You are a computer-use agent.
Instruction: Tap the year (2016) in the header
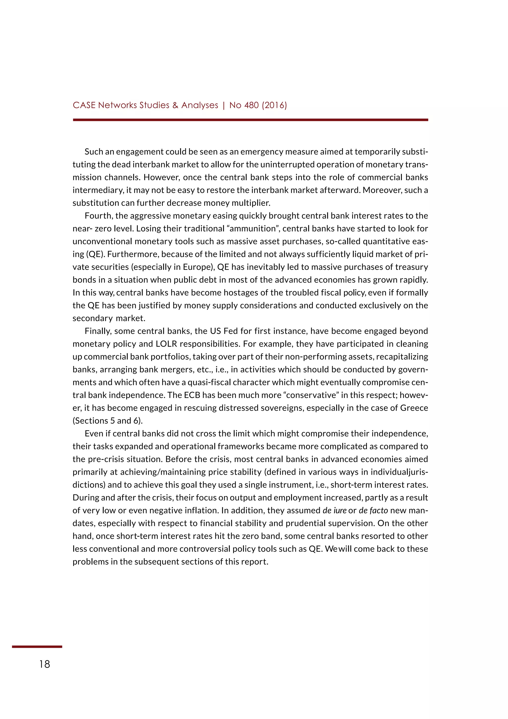[x=274, y=105]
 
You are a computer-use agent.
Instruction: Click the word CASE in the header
[x=84, y=105]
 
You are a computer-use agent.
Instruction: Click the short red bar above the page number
[x=37, y=647]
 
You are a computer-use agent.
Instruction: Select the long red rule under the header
[x=250, y=120]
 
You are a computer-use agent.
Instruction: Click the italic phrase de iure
[x=334, y=510]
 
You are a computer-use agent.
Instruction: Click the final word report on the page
[x=257, y=562]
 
